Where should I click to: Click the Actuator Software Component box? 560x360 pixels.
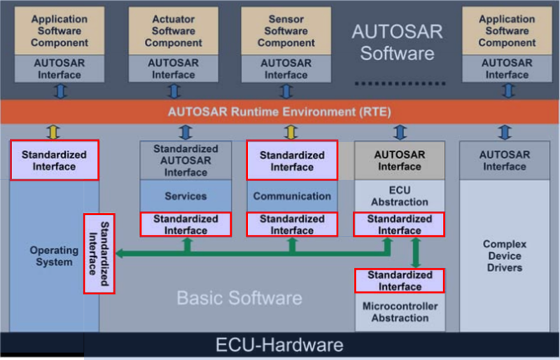pos(174,31)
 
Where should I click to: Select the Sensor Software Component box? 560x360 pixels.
pos(286,31)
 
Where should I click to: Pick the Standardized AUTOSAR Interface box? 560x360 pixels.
pos(185,160)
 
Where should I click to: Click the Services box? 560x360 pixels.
pos(185,196)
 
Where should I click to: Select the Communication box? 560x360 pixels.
pos(292,196)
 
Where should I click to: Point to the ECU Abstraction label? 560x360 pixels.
pos(399,195)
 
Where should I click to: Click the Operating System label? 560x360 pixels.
pos(54,256)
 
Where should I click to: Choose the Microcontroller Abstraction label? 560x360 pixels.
pos(400,312)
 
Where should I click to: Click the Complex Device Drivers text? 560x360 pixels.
pos(503,256)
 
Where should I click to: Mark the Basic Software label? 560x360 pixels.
pos(239,298)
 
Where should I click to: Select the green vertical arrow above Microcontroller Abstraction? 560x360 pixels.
pos(416,253)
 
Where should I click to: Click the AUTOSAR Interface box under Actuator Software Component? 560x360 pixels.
pos(174,68)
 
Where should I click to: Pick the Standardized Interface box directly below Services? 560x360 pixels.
pos(185,224)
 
